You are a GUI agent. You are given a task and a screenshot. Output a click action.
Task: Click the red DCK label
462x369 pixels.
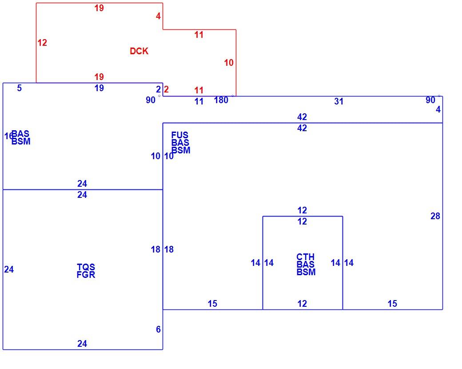pos(139,51)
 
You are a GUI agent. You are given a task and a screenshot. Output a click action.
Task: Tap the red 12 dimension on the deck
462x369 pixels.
pos(42,43)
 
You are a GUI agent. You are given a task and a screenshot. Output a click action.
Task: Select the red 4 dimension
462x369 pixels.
pos(158,16)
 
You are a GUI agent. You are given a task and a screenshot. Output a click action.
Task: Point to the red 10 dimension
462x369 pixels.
pos(229,63)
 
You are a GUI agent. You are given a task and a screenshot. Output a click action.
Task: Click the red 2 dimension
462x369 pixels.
pos(166,89)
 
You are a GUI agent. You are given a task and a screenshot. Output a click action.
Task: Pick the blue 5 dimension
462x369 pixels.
pos(19,88)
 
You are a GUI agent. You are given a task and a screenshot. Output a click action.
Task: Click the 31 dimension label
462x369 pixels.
pos(339,101)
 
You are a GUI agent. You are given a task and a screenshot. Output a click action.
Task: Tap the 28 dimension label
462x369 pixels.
pos(435,216)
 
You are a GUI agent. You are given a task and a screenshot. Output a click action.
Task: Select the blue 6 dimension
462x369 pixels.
pos(158,329)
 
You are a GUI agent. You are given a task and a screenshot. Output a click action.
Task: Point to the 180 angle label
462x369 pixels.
pos(221,100)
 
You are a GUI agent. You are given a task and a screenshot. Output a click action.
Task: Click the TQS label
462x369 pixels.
pos(86,267)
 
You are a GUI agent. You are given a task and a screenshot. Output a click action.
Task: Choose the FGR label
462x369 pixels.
pos(86,275)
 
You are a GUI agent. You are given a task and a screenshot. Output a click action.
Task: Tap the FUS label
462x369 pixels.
pos(180,135)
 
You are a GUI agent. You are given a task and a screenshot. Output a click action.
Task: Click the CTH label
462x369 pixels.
pos(305,257)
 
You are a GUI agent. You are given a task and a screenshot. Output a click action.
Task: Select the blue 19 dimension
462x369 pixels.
pos(99,88)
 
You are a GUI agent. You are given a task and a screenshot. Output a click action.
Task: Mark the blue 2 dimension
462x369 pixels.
pos(158,89)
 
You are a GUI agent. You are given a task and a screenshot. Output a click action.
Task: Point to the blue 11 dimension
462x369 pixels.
pos(199,101)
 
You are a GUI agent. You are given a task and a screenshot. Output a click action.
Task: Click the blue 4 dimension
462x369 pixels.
pos(438,109)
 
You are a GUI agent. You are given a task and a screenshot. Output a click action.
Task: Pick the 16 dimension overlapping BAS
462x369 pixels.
pos(8,136)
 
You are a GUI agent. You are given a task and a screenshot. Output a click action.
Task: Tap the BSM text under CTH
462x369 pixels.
pos(306,272)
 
